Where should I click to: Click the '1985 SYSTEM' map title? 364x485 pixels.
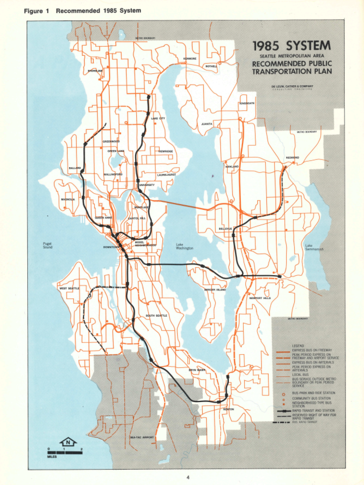point(292,46)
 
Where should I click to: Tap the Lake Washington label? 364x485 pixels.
point(184,246)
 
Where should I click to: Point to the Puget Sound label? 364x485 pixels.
point(48,245)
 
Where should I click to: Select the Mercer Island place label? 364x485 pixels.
point(215,290)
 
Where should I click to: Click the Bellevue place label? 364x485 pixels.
point(225,228)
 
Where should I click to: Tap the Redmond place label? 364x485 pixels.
point(292,157)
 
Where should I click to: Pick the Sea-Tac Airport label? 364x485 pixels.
point(142,437)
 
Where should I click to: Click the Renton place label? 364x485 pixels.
point(228,409)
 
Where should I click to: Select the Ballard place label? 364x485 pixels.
point(75,168)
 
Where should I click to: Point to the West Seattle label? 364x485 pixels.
point(69,288)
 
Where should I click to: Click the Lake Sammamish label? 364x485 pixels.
point(314,247)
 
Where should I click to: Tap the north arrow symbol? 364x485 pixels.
point(68,442)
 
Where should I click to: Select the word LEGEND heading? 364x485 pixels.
point(298,346)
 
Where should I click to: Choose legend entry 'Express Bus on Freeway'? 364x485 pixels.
point(312,350)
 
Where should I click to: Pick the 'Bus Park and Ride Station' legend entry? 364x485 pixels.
point(314,393)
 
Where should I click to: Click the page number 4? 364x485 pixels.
point(188,477)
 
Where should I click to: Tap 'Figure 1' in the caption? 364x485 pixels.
point(36,11)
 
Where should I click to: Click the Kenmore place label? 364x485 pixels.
point(190,59)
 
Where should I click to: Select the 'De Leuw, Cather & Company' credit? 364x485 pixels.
point(292,86)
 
